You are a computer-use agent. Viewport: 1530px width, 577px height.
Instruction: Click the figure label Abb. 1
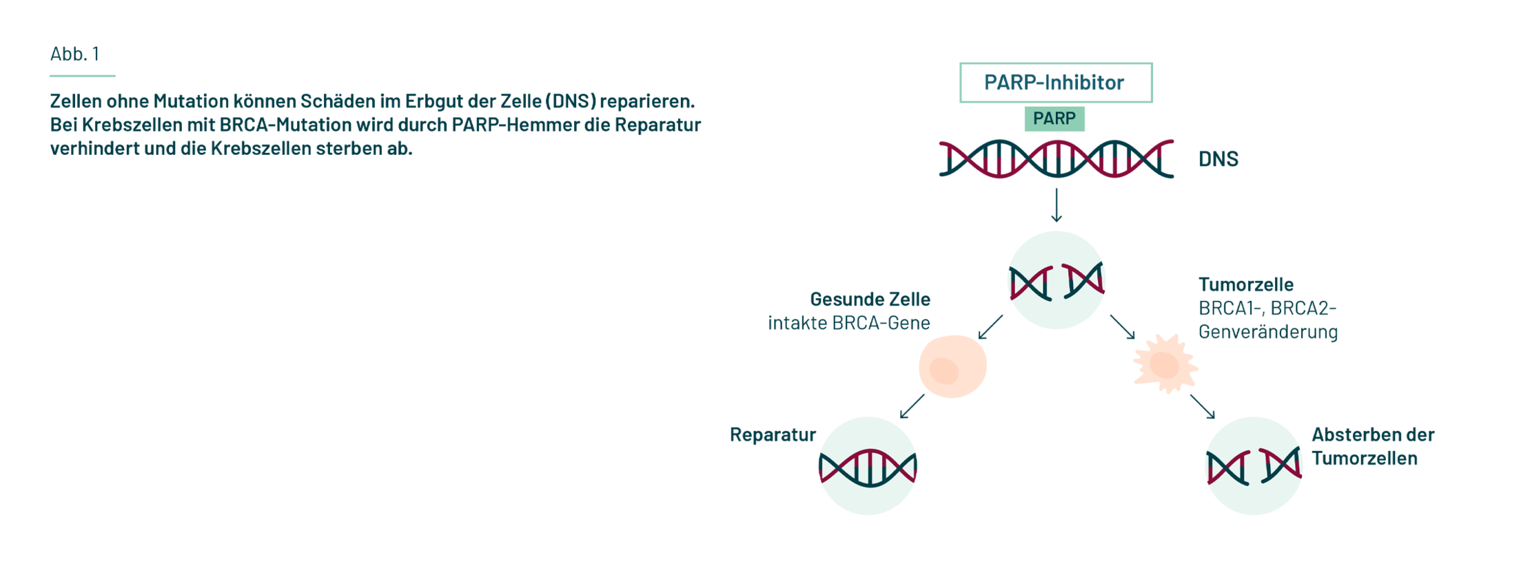pyautogui.click(x=74, y=54)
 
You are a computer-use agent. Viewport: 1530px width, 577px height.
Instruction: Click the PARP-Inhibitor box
pyautogui.click(x=1055, y=83)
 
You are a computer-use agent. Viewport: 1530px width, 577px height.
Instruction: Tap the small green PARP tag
pyautogui.click(x=1054, y=118)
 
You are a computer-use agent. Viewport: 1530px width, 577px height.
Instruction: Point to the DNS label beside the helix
pyautogui.click(x=1218, y=159)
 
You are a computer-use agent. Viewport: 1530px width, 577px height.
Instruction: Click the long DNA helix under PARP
pyautogui.click(x=1056, y=159)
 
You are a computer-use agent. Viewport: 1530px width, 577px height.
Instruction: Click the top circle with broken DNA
pyautogui.click(x=1057, y=281)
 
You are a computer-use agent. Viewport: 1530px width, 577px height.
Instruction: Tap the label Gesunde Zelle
pyautogui.click(x=870, y=300)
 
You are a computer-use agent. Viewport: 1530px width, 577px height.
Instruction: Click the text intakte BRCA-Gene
pyautogui.click(x=849, y=323)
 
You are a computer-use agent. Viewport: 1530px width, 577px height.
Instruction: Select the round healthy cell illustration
pyautogui.click(x=952, y=366)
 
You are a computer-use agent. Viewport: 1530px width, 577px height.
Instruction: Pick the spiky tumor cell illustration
pyautogui.click(x=1165, y=364)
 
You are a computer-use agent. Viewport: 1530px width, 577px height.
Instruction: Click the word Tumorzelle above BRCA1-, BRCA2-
pyautogui.click(x=1246, y=284)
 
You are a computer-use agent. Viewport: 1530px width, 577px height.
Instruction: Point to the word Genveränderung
pyautogui.click(x=1268, y=332)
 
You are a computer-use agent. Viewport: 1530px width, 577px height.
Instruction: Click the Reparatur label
pyautogui.click(x=772, y=434)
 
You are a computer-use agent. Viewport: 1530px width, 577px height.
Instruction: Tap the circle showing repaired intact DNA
pyautogui.click(x=868, y=466)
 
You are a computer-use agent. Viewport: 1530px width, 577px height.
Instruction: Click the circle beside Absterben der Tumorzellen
pyautogui.click(x=1254, y=466)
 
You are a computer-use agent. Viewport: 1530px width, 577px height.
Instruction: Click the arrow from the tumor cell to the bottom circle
pyautogui.click(x=1203, y=406)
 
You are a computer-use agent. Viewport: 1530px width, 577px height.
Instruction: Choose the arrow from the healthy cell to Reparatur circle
pyautogui.click(x=912, y=406)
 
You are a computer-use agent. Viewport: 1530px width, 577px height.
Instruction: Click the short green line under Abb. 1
pyautogui.click(x=83, y=76)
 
